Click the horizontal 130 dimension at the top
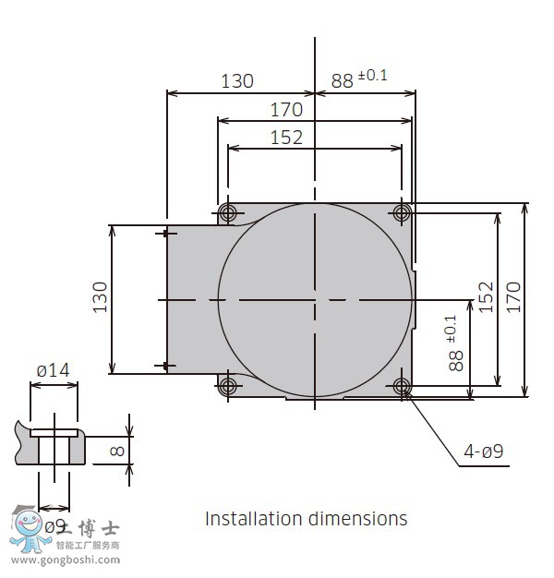(236, 81)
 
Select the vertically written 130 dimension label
(101, 297)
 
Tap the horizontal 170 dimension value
(286, 110)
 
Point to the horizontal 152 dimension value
(286, 138)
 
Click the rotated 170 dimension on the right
(514, 298)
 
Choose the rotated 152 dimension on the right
(487, 298)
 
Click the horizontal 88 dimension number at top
(343, 81)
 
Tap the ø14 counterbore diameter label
(53, 371)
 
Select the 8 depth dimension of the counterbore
(115, 452)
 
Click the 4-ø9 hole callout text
(483, 452)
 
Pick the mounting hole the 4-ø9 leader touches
(402, 384)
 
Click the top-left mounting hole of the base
(227, 213)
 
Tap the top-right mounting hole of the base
(402, 213)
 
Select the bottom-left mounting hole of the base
(227, 384)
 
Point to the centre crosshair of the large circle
(315, 299)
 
